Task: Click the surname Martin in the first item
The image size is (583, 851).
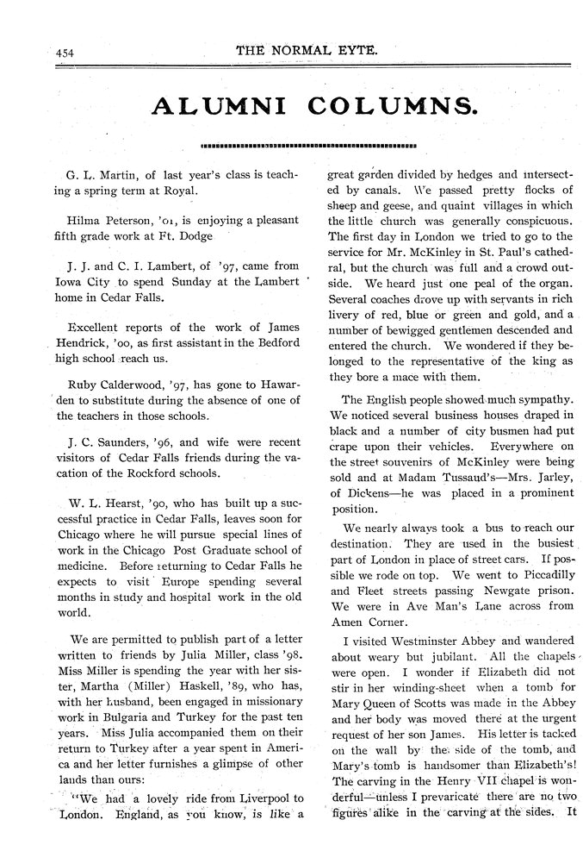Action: point(109,175)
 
